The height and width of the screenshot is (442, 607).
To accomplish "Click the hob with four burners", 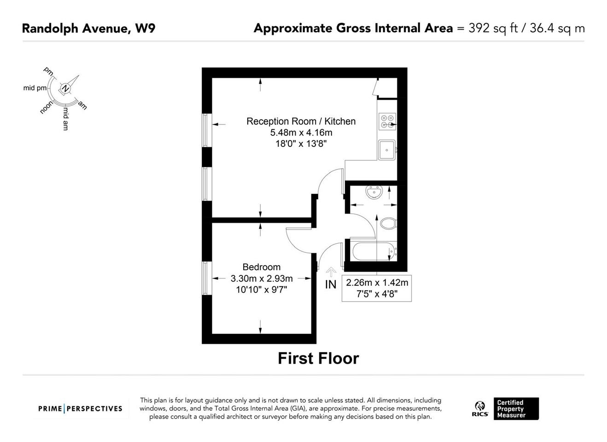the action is click(x=387, y=122).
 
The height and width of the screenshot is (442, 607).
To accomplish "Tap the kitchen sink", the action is click(x=387, y=150).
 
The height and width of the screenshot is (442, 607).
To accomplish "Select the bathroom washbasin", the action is click(x=374, y=192).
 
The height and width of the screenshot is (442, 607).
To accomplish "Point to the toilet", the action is click(x=389, y=223).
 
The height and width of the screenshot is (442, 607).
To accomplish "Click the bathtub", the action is click(x=374, y=252).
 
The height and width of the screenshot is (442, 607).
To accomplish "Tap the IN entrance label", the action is click(x=331, y=285).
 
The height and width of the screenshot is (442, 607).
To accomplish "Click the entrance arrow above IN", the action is click(x=331, y=272).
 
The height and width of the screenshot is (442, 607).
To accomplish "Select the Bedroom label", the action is click(x=262, y=267).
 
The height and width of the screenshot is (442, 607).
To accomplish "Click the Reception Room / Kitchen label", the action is click(x=301, y=122).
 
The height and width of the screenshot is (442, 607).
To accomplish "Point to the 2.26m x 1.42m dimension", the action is click(x=377, y=283).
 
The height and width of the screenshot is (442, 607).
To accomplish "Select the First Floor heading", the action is click(x=318, y=358).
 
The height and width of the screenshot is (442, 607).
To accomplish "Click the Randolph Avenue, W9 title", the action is click(x=88, y=28).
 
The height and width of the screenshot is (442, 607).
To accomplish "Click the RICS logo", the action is click(x=480, y=409).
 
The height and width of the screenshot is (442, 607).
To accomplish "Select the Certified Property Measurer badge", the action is click(x=516, y=409).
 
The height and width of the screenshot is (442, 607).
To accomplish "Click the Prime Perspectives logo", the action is click(x=80, y=409).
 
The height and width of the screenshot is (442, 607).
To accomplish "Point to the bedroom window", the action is click(x=207, y=278).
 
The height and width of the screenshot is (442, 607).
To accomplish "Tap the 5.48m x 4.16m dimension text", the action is click(x=301, y=133).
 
